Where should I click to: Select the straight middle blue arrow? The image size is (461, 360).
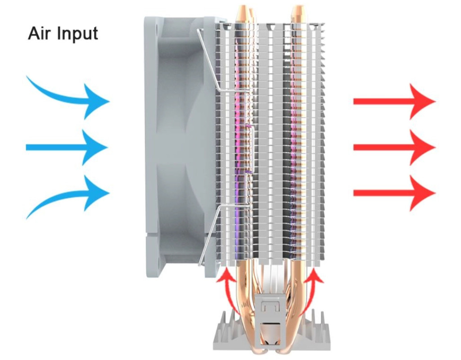pos(67,147)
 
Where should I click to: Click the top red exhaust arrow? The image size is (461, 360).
pos(394,101)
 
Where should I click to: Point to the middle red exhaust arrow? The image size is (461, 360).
pos(394,147)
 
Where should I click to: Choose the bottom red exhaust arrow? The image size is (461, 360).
pos(394,193)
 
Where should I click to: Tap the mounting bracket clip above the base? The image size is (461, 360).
pos(271,315)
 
